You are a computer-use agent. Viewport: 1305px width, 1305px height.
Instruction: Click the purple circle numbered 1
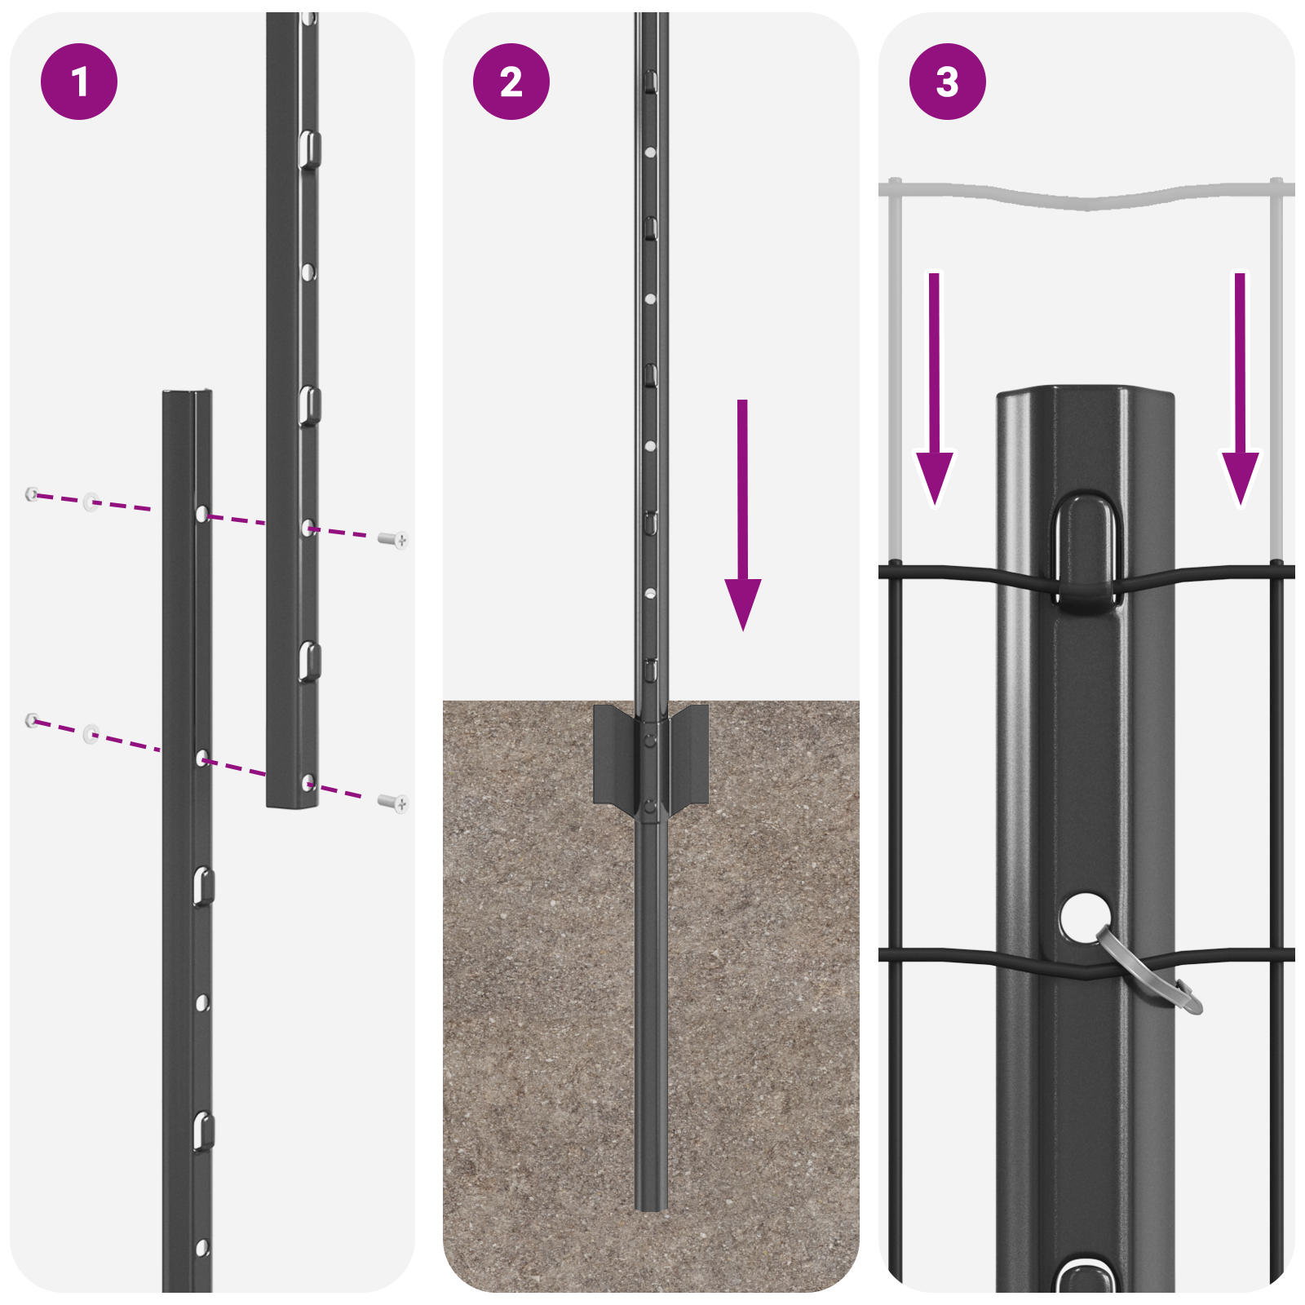pos(79,82)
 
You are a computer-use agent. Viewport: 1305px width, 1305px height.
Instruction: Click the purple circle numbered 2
pos(511,82)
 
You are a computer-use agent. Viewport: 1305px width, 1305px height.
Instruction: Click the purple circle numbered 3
pos(947,82)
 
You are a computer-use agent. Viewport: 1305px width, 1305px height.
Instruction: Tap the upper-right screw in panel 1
pos(394,539)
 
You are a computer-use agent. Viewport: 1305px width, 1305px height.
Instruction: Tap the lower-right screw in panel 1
pos(394,803)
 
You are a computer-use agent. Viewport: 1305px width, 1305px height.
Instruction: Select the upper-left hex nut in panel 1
pos(32,493)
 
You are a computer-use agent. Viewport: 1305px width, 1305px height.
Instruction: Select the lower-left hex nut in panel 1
pos(32,719)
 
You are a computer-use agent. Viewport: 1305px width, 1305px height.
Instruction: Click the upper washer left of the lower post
pos(91,501)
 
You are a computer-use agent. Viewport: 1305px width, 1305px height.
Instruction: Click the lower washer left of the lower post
pos(91,733)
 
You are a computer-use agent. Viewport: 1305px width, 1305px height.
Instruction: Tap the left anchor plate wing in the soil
pos(613,754)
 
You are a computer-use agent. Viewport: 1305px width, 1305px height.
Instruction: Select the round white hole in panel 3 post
pos(1083,915)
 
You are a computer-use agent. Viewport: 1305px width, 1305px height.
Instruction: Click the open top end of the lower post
pos(188,396)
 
